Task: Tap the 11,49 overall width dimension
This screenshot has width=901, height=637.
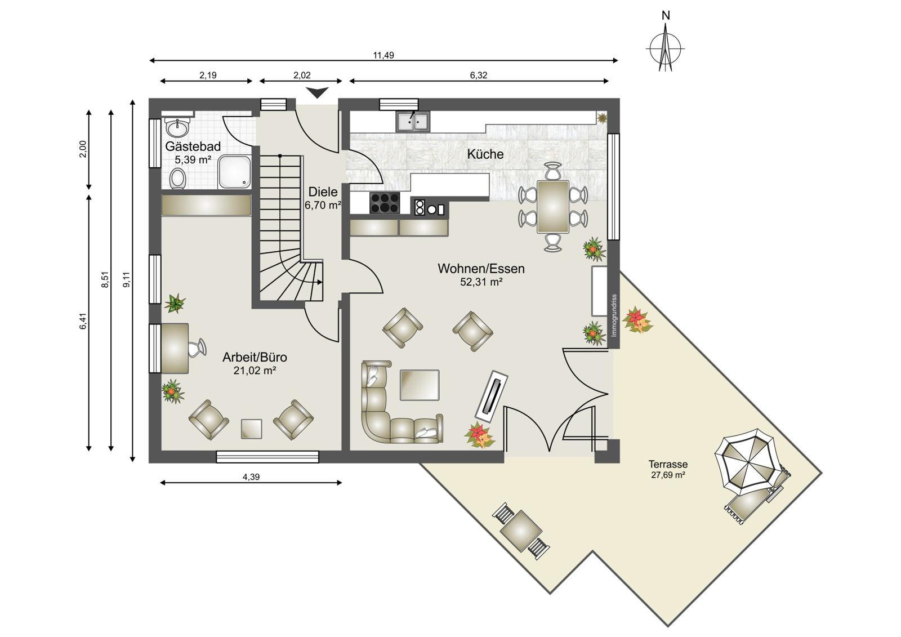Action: tap(383, 56)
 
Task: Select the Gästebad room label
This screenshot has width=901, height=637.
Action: tap(193, 146)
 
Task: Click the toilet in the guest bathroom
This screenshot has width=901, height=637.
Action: tap(177, 179)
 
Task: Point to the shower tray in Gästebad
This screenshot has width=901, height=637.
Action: tap(235, 172)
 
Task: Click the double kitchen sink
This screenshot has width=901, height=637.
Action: tap(413, 122)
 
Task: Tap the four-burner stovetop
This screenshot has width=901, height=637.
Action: tap(385, 203)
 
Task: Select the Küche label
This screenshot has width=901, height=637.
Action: tap(485, 154)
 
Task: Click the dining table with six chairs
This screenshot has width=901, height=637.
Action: tap(553, 207)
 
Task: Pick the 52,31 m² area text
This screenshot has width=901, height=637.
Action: tap(481, 282)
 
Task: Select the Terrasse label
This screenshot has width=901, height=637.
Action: tap(668, 464)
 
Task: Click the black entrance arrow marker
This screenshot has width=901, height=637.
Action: tap(318, 92)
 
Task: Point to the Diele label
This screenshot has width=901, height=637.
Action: tap(323, 191)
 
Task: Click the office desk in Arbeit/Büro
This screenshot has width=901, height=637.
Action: tap(175, 349)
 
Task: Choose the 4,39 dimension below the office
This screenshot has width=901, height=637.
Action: tap(251, 477)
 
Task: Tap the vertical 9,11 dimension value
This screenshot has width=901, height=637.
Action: tap(126, 279)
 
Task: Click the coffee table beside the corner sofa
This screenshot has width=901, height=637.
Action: tap(420, 385)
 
